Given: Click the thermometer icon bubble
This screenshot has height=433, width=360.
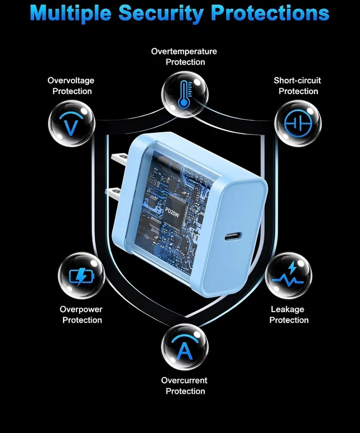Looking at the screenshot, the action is [184, 94].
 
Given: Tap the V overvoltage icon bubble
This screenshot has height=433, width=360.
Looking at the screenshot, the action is [72, 124].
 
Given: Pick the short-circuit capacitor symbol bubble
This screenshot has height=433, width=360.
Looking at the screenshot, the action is [298, 124].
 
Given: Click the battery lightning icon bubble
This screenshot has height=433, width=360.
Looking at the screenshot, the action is [82, 276].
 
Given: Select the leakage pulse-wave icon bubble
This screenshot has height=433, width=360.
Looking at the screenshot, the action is [289, 276].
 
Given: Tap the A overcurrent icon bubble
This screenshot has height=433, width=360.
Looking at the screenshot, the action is [184, 347].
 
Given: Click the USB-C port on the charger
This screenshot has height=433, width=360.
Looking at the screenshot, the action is [233, 237].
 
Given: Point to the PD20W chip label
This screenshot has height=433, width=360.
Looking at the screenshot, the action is [172, 213].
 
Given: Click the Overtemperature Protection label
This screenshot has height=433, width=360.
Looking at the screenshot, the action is [184, 57].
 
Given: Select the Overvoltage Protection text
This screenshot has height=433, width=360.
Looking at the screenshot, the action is [71, 86].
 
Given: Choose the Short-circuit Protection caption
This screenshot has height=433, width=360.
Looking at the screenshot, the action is [298, 86].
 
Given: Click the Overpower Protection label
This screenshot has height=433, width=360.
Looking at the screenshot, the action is [81, 314].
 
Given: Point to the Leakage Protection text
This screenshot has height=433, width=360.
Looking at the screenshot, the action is [289, 314].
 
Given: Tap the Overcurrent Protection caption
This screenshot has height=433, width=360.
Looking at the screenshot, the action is [184, 386].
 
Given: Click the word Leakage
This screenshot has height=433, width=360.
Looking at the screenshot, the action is [287, 309].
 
